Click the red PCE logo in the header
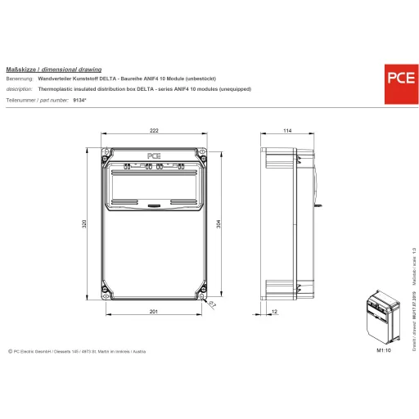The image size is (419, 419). point(399,79)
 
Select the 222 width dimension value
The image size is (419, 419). point(155,131)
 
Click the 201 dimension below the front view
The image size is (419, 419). point(155,312)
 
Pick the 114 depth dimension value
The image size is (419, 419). point(287,131)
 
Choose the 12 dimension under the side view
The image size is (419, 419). point(273,312)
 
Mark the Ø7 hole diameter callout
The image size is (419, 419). point(211,304)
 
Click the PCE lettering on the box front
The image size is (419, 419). point(155,154)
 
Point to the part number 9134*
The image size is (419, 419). point(79,99)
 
